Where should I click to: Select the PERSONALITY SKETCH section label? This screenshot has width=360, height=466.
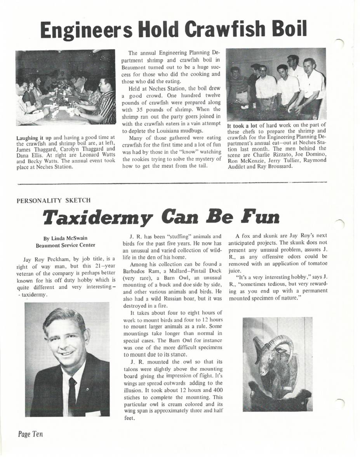(x=54, y=200)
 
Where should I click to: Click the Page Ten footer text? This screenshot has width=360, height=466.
(x=30, y=434)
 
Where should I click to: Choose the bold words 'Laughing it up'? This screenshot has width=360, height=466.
(x=35, y=137)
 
